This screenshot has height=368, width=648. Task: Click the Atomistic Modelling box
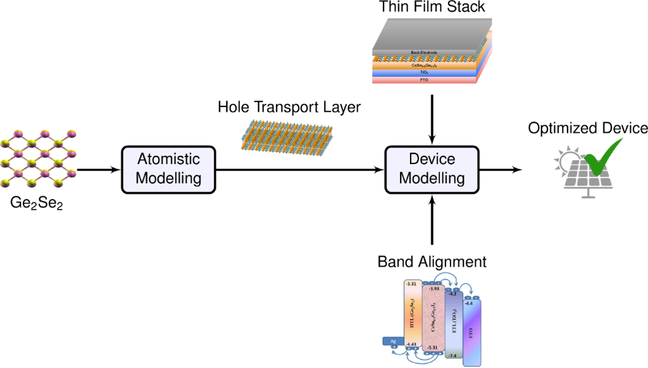169,168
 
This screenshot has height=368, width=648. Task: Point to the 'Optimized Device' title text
588,129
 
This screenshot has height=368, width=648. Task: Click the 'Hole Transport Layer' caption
289,108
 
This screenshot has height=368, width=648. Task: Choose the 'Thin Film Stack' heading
432,8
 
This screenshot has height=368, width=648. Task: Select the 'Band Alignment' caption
432,262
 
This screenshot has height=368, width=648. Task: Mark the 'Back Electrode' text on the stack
424,53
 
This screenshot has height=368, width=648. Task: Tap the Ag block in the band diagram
393,341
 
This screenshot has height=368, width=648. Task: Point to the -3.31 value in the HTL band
412,284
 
